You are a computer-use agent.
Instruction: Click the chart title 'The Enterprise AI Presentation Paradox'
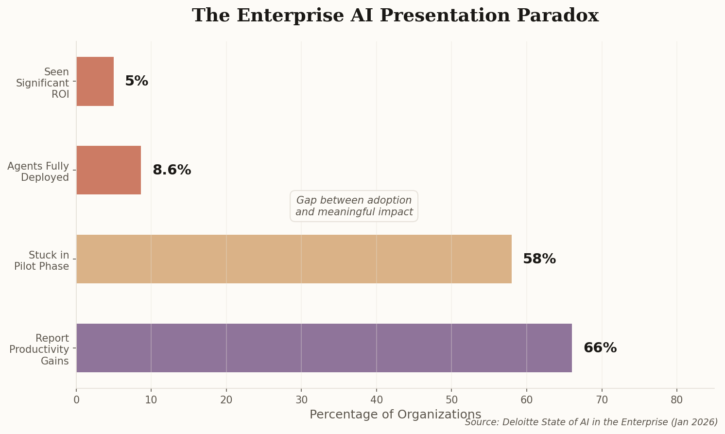pos(395,16)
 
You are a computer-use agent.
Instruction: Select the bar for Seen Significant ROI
pos(95,81)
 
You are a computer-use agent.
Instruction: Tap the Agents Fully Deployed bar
pos(108,170)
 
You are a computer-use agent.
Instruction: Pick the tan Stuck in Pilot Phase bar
pos(293,259)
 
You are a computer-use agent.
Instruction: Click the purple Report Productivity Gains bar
pos(324,348)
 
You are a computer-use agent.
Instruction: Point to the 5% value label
pos(137,81)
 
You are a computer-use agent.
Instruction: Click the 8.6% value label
pos(172,170)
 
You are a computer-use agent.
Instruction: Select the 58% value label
pos(539,259)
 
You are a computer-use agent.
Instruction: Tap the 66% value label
pos(600,348)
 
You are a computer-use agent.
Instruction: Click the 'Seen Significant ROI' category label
pos(43,83)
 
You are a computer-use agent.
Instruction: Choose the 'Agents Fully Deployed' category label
pos(38,172)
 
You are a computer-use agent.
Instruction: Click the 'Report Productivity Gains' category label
pos(39,349)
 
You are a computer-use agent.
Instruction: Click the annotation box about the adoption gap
pos(354,206)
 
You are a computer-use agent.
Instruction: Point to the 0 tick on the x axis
pos(76,400)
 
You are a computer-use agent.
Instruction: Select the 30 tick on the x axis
pos(301,400)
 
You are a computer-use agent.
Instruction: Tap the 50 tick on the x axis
pos(451,400)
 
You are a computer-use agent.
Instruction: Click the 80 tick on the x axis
pos(676,400)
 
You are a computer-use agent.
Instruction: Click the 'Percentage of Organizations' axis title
pos(395,415)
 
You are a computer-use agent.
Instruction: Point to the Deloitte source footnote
pos(591,422)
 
